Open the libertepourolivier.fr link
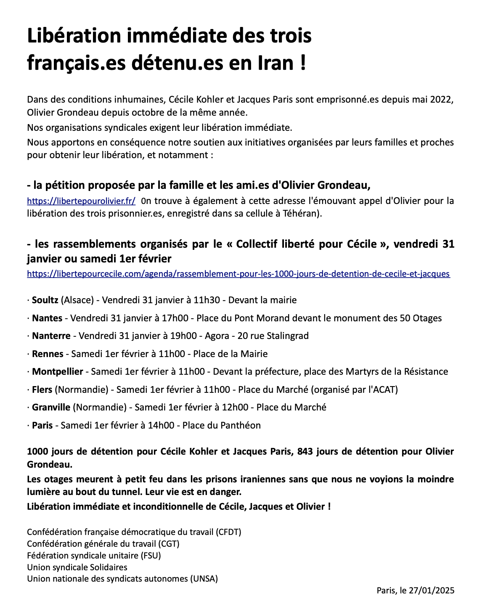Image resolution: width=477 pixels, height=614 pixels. pyautogui.click(x=81, y=201)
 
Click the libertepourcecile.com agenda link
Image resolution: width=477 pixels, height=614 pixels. pyautogui.click(x=238, y=274)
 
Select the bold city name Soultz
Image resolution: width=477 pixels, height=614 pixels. pyautogui.click(x=45, y=300)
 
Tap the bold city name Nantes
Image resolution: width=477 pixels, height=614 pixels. pyautogui.click(x=47, y=318)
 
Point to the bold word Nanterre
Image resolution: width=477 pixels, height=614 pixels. pyautogui.click(x=51, y=336)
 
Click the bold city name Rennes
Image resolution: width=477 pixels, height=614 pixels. pyautogui.click(x=48, y=354)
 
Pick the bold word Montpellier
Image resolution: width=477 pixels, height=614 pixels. pyautogui.click(x=58, y=372)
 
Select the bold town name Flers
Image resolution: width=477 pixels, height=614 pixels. pyautogui.click(x=42, y=390)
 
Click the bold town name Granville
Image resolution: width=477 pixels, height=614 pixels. pyautogui.click(x=51, y=408)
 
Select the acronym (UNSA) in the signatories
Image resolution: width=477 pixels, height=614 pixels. pyautogui.click(x=204, y=579)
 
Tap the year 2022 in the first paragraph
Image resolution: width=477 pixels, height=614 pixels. pyautogui.click(x=442, y=100)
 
